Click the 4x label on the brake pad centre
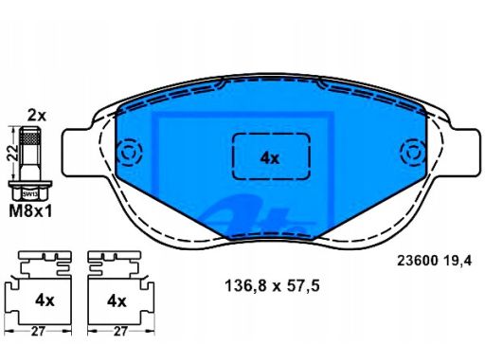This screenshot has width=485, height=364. pos(270,158)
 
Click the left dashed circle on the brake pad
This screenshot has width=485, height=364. pos(128,152)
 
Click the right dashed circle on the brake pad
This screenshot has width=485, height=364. pos(413,152)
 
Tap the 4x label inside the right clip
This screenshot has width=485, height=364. pos(117,301)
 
